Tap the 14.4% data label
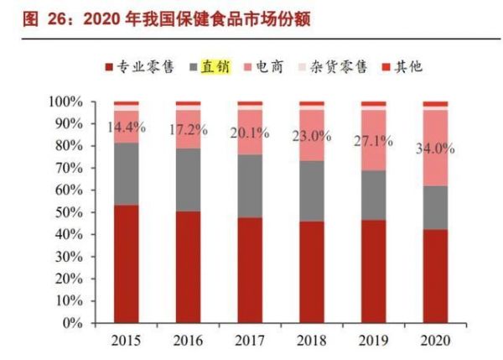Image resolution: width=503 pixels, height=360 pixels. click(127, 128)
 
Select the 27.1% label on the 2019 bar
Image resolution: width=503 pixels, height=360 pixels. click(374, 140)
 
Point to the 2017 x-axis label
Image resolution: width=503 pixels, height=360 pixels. click(250, 341)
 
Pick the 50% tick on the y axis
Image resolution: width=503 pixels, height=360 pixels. click(66, 212)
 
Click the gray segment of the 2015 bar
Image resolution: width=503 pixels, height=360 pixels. click(127, 174)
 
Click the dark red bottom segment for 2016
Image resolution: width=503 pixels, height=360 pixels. click(188, 266)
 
